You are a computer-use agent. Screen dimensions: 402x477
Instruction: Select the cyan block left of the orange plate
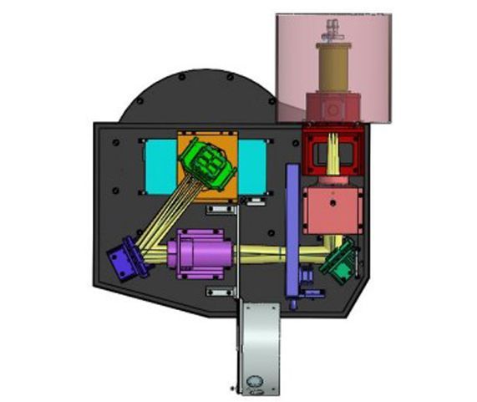[157, 164]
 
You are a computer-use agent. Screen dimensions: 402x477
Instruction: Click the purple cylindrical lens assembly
[200, 254]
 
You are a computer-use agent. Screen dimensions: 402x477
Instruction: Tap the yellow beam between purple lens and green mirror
[267, 250]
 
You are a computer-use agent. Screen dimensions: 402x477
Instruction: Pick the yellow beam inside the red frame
[333, 155]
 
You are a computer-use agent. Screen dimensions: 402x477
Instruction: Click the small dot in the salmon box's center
[332, 201]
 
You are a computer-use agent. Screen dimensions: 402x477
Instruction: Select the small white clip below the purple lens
[217, 292]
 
